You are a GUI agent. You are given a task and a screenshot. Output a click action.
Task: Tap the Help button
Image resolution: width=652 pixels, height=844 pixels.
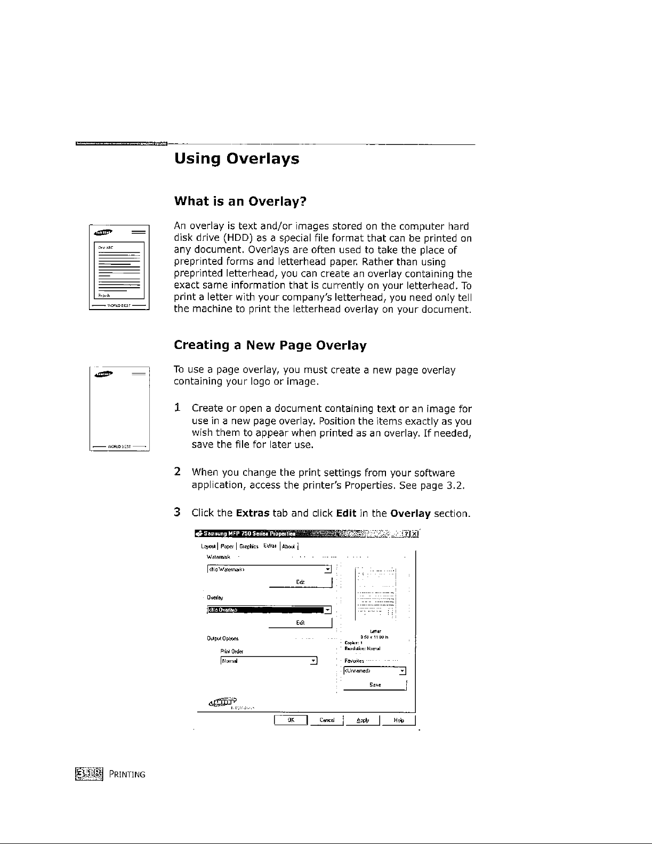[x=398, y=720]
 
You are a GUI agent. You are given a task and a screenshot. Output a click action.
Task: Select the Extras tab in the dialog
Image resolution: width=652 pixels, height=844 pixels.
[x=270, y=546]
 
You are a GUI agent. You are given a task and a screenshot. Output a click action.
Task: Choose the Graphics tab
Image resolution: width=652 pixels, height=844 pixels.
[x=249, y=546]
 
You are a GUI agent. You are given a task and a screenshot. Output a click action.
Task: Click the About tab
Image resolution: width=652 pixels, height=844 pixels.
[x=289, y=546]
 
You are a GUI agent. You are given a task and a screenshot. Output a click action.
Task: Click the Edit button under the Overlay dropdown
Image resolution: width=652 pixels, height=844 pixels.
[x=301, y=622]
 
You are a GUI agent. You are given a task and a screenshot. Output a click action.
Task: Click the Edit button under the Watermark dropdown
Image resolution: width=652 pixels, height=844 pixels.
[x=301, y=581]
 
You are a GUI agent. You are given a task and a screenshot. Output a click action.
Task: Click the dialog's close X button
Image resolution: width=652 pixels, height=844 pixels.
[x=415, y=534]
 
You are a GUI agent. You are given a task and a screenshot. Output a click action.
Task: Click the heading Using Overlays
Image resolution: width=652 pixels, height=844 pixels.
[x=237, y=159]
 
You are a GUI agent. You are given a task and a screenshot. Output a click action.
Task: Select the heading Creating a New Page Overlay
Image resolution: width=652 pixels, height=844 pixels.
[x=270, y=345]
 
